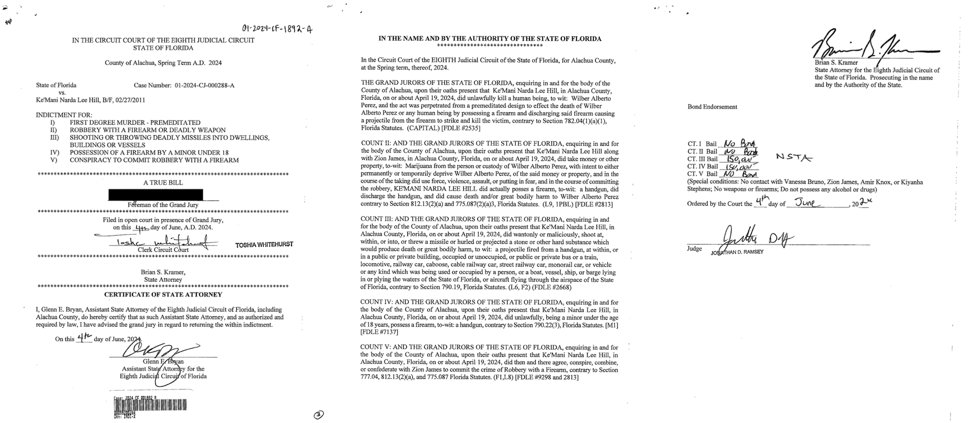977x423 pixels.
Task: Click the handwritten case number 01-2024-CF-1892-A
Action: click(277, 29)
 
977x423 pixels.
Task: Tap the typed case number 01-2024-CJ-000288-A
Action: click(205, 85)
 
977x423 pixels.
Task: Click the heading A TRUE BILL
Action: click(163, 183)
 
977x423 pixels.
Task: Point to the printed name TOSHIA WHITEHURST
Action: click(264, 244)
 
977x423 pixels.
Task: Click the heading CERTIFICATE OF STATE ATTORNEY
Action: click(163, 295)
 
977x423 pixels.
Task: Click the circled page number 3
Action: click(319, 415)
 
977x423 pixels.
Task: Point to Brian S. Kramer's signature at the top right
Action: click(874, 45)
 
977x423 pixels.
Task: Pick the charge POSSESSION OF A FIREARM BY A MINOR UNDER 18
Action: click(149, 153)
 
